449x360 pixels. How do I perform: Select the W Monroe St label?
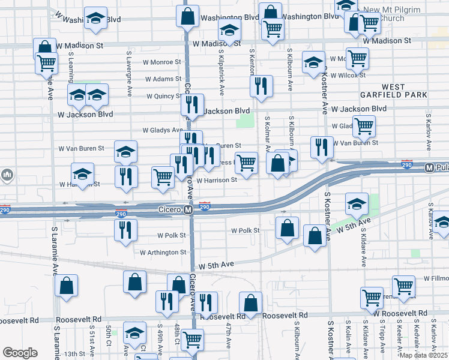[x=161, y=62]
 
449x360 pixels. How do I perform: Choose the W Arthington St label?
[x=163, y=253]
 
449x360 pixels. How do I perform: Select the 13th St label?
[x=76, y=354]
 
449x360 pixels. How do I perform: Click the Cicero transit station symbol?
[x=188, y=210]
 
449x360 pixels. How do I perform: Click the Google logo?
[x=20, y=353]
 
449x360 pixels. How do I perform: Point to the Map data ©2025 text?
[x=423, y=355]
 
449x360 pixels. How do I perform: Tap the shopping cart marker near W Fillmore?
[x=404, y=286]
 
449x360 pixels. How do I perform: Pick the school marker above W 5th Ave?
[x=357, y=203]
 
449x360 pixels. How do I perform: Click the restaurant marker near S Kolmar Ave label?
[x=261, y=86]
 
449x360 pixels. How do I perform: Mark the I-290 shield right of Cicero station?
[x=205, y=207]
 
